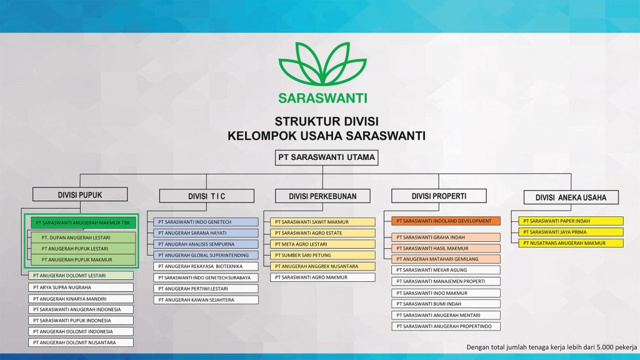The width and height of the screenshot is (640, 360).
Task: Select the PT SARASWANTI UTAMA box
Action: click(x=327, y=157)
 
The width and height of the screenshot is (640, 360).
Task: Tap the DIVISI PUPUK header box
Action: click(x=80, y=194)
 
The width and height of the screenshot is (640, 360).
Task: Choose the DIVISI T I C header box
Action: click(x=206, y=196)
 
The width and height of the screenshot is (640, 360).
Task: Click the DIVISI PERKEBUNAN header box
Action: click(x=322, y=196)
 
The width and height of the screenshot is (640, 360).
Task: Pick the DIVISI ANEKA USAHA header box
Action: click(x=571, y=197)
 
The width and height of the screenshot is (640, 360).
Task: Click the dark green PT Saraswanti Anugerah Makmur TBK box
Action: click(x=83, y=222)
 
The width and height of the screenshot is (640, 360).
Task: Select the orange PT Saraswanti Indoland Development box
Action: click(x=446, y=221)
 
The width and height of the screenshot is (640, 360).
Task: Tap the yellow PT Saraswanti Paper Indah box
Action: click(x=571, y=221)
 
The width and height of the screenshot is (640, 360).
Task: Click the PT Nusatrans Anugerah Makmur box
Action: click(x=571, y=242)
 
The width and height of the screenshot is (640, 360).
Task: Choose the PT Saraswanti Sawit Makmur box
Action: click(x=322, y=222)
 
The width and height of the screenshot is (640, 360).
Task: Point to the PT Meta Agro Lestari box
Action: click(x=322, y=244)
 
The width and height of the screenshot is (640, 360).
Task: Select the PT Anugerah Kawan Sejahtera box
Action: click(x=206, y=300)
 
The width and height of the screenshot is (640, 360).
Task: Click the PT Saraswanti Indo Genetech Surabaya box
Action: click(x=206, y=277)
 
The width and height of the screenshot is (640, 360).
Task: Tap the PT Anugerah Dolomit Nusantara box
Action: click(x=81, y=342)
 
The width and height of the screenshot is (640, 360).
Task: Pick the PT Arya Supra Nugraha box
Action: click(x=81, y=287)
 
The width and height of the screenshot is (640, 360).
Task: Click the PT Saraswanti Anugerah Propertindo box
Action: click(x=446, y=326)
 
